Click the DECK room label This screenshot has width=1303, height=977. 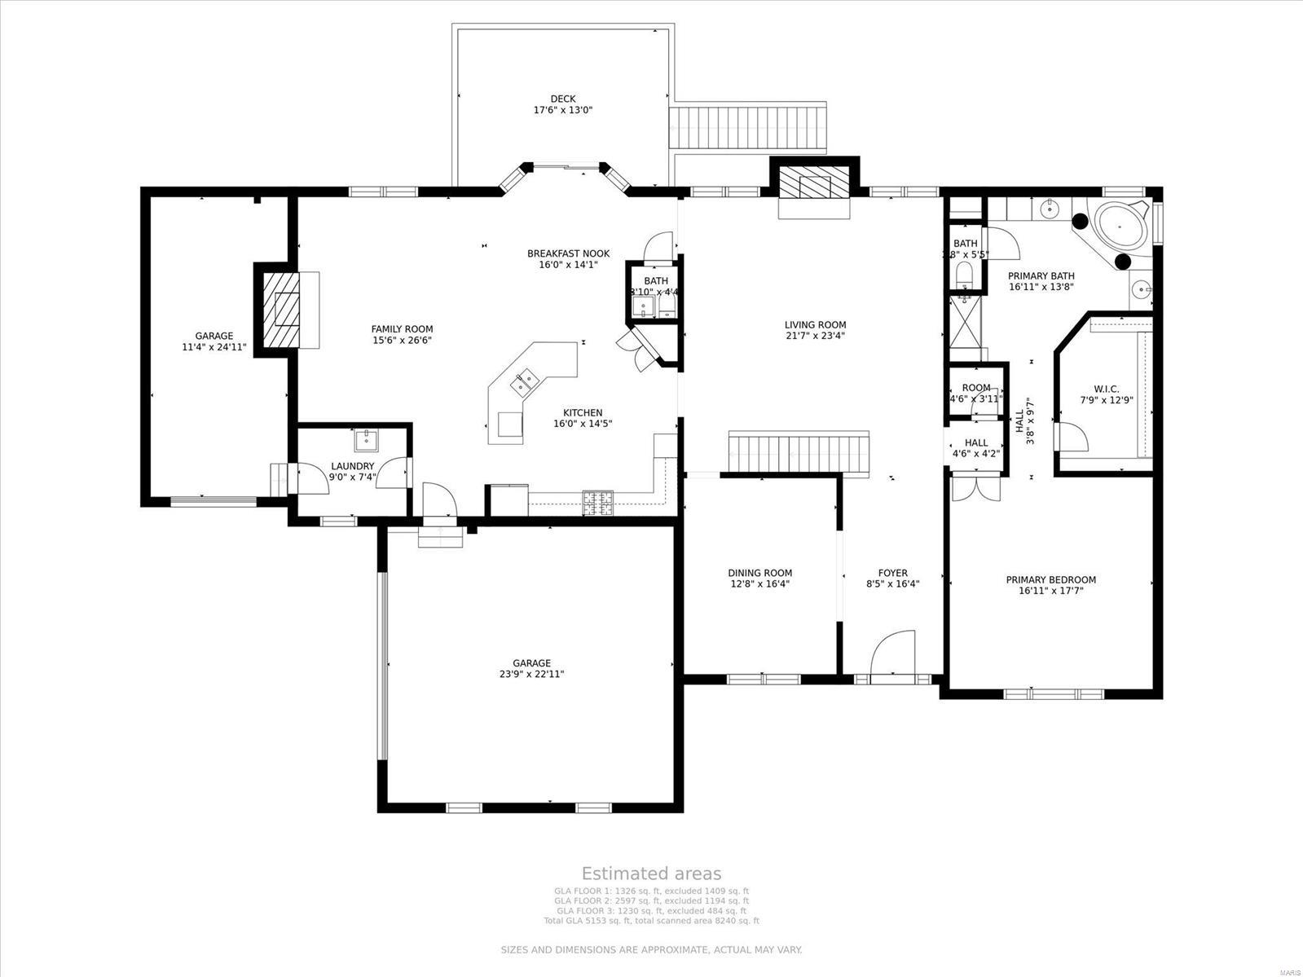tap(562, 99)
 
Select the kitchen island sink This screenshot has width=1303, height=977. tap(524, 380)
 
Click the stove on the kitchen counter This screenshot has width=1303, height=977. tap(597, 502)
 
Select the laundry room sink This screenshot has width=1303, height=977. tap(366, 440)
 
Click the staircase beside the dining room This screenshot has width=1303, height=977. tap(799, 453)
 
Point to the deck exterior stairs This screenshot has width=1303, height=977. tap(748, 126)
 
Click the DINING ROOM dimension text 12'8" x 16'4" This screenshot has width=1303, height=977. tap(759, 583)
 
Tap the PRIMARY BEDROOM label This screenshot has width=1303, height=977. tap(1050, 580)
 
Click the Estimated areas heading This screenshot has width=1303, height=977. tap(651, 874)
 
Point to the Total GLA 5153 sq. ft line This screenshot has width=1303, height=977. tap(651, 921)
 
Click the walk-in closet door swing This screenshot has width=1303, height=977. tap(1072, 434)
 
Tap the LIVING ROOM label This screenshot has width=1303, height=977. tap(815, 324)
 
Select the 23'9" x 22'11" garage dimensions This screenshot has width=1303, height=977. tap(531, 674)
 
